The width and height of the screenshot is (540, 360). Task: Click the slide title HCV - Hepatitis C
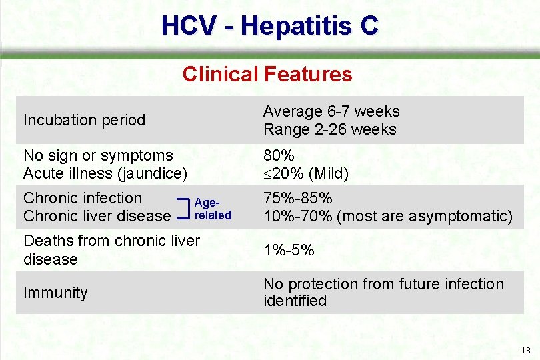click(x=269, y=25)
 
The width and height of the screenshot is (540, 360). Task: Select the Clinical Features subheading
click(x=267, y=73)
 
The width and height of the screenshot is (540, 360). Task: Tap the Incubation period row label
click(x=84, y=120)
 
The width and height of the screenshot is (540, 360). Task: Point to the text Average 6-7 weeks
click(x=331, y=111)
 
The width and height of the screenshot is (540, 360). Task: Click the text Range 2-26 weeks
click(x=329, y=129)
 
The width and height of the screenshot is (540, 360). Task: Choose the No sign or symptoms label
click(x=98, y=155)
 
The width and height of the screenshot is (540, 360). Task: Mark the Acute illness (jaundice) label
click(x=105, y=173)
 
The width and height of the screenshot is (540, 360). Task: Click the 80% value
click(x=279, y=155)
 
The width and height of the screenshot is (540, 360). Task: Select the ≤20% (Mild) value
click(x=306, y=173)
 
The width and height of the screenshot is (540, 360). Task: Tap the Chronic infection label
click(x=83, y=198)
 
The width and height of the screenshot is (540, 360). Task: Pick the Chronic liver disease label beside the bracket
click(x=97, y=216)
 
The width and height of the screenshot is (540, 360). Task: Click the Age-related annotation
click(x=212, y=209)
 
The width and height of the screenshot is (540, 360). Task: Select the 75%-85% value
click(x=298, y=198)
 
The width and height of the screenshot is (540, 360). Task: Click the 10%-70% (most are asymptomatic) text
click(x=388, y=216)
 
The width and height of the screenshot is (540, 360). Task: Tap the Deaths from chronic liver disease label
click(x=111, y=249)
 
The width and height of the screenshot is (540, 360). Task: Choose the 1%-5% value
click(x=289, y=251)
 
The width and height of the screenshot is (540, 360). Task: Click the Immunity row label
click(x=55, y=293)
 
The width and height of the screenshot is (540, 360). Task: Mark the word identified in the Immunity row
click(x=295, y=301)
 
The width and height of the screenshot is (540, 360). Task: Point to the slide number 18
click(x=526, y=351)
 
